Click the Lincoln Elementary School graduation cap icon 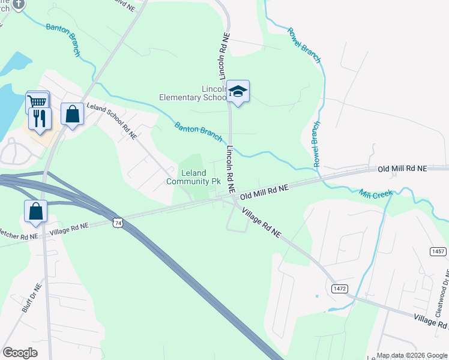238,91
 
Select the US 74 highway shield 117,223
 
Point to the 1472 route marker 339,289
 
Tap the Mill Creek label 376,194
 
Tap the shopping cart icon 37,103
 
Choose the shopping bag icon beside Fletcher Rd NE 35,211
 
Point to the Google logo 20,353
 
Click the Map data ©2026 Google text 412,355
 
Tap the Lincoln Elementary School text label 192,93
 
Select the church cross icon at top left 18,4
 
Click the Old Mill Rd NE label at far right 402,169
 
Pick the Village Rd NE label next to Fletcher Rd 69,227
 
